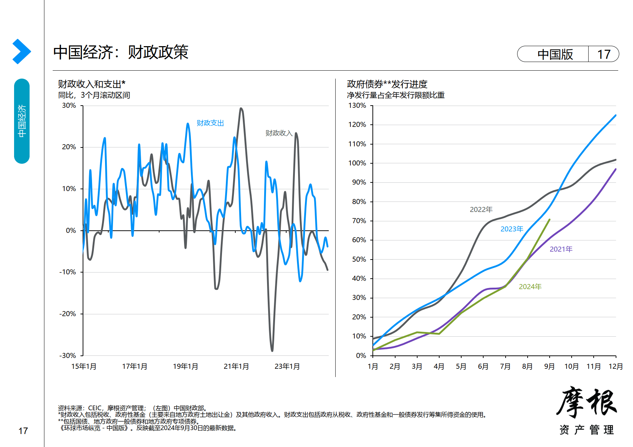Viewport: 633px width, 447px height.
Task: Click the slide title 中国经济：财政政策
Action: click(x=121, y=53)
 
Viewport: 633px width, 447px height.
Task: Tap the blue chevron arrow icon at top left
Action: click(x=21, y=52)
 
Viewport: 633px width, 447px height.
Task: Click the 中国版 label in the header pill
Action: click(x=555, y=54)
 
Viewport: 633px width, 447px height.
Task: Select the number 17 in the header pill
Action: click(x=603, y=54)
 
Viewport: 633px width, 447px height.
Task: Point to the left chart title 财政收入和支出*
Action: click(x=92, y=84)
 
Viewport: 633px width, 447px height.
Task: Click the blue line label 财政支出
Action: click(x=210, y=123)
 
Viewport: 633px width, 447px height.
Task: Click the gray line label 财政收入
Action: click(x=279, y=133)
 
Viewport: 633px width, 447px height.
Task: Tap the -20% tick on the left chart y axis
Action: click(x=68, y=314)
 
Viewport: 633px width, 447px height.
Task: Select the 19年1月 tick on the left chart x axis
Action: click(x=185, y=366)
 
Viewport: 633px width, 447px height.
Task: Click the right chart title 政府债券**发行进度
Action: click(x=387, y=84)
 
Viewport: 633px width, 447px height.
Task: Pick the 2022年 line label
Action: click(x=481, y=209)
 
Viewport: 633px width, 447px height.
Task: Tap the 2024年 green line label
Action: click(x=530, y=287)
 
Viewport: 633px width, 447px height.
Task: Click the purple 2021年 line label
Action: click(x=561, y=249)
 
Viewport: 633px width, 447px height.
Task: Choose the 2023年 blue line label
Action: click(x=511, y=229)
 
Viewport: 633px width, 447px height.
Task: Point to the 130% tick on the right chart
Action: click(x=357, y=106)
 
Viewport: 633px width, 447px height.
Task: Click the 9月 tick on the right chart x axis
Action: click(x=549, y=366)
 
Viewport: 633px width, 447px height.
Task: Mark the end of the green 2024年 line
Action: click(x=549, y=220)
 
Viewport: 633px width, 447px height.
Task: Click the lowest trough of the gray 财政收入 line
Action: click(x=272, y=350)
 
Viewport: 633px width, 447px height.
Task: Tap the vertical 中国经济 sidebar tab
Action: click(x=22, y=121)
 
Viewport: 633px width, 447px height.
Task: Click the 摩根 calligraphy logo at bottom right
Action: click(x=586, y=402)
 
